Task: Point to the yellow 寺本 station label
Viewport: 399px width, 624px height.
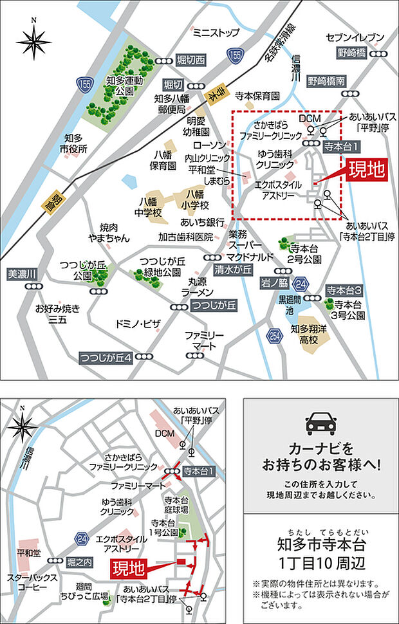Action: click(213, 95)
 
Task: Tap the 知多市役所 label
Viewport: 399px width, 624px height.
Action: click(75, 143)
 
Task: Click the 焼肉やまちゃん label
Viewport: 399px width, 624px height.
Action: click(114, 233)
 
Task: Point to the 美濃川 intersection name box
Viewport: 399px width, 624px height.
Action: click(23, 274)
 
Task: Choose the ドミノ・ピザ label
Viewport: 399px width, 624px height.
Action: click(138, 322)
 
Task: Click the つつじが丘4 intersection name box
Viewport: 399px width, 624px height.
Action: click(106, 357)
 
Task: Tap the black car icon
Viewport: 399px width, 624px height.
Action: click(320, 421)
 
